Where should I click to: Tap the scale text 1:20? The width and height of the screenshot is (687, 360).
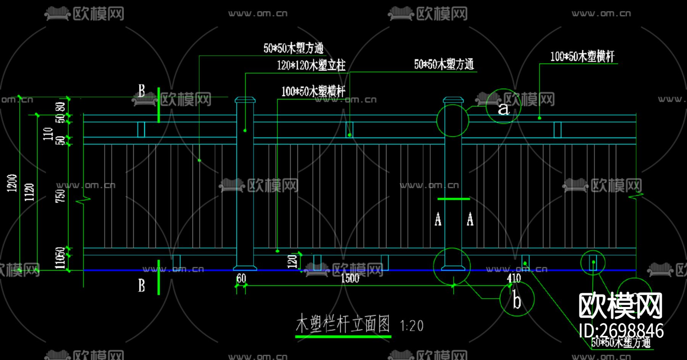pyautogui.click(x=411, y=326)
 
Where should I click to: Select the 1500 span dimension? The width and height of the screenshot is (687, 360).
pyautogui.click(x=350, y=278)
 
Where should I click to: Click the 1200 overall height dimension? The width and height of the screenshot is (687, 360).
pyautogui.click(x=12, y=183)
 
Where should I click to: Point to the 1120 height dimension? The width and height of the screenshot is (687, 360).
pyautogui.click(x=29, y=192)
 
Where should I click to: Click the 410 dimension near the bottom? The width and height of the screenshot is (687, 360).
pyautogui.click(x=514, y=278)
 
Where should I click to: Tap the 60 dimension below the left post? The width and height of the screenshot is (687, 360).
pyautogui.click(x=241, y=278)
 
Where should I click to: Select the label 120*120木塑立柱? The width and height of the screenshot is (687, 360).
pyautogui.click(x=311, y=66)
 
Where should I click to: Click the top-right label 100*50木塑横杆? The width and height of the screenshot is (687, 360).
pyautogui.click(x=582, y=57)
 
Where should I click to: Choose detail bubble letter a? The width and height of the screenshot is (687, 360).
pyautogui.click(x=503, y=108)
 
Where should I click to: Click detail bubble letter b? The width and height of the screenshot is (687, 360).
pyautogui.click(x=516, y=300)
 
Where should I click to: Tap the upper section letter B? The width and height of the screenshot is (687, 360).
pyautogui.click(x=142, y=91)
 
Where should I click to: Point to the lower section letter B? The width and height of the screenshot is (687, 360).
pyautogui.click(x=142, y=285)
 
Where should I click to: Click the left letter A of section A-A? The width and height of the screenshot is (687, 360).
pyautogui.click(x=438, y=220)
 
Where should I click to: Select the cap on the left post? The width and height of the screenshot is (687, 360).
pyautogui.click(x=245, y=100)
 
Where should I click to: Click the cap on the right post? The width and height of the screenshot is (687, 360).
pyautogui.click(x=453, y=100)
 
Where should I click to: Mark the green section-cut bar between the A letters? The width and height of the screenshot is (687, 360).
pyautogui.click(x=453, y=199)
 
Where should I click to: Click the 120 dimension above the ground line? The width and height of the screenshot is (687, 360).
pyautogui.click(x=292, y=261)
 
